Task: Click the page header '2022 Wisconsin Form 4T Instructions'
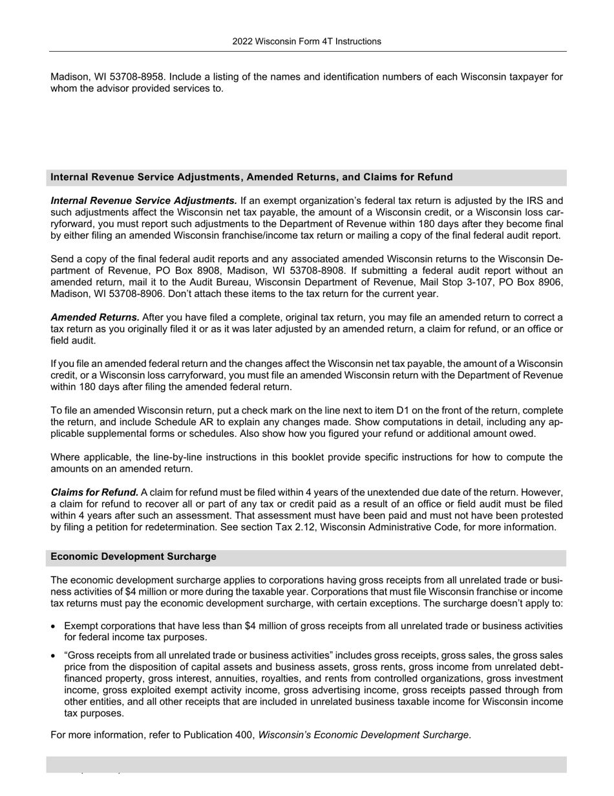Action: point(306,41)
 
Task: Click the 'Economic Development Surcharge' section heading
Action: point(133,557)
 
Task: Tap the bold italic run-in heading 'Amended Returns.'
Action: point(95,317)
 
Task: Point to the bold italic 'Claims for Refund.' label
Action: point(94,492)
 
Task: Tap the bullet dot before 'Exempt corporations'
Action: point(54,626)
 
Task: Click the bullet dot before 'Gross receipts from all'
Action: point(54,656)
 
